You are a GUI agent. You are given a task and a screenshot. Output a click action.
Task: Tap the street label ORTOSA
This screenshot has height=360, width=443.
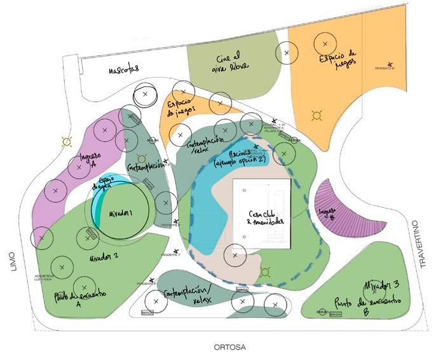click(x=229, y=347)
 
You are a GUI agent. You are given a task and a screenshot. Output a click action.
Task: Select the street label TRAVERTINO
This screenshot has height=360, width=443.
click(x=416, y=244)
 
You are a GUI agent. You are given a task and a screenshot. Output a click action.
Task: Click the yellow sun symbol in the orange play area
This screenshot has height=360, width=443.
click(x=315, y=115)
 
